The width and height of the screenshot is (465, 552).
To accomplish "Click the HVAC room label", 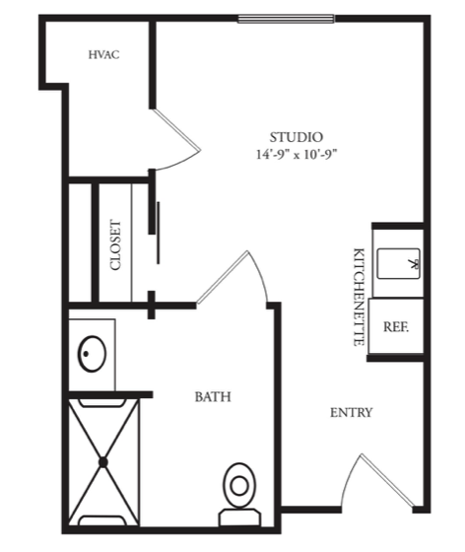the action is (103, 55).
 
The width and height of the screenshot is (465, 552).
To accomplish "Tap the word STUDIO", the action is (297, 137).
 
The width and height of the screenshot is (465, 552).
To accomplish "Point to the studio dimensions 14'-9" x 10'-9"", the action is (297, 155).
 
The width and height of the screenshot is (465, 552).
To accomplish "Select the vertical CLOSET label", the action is (115, 245).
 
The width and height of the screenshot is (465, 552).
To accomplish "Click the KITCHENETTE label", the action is (359, 297).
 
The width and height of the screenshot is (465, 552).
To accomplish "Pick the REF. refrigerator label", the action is (396, 327).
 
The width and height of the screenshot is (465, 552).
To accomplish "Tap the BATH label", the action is (213, 396).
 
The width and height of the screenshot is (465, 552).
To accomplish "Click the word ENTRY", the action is (351, 412).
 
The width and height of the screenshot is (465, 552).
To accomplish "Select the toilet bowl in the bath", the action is (239, 485).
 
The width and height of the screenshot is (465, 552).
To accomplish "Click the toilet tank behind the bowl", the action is (239, 517).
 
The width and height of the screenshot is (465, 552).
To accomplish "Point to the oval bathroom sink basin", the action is (92, 354).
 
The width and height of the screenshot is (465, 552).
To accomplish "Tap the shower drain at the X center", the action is (103, 462).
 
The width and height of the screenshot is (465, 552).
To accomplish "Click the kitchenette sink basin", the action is (399, 263).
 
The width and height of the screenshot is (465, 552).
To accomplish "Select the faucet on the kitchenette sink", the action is (415, 264).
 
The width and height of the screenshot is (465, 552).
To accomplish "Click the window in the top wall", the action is (286, 19).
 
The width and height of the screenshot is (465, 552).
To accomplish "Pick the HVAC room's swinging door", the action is (177, 129).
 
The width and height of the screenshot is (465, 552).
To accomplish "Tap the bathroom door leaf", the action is (223, 277).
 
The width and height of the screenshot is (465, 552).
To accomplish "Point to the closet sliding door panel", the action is (159, 233).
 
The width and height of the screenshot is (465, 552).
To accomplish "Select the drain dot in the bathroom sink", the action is (86, 354).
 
